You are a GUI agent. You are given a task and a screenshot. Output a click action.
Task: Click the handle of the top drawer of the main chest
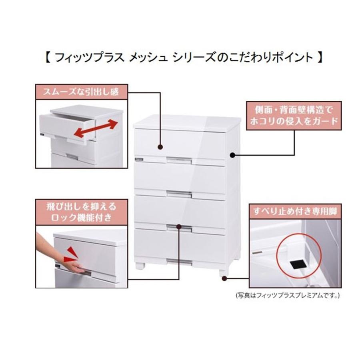180,160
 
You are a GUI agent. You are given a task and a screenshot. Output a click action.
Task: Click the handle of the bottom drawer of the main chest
180,261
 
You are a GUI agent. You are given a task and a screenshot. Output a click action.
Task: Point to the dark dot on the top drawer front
160,147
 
